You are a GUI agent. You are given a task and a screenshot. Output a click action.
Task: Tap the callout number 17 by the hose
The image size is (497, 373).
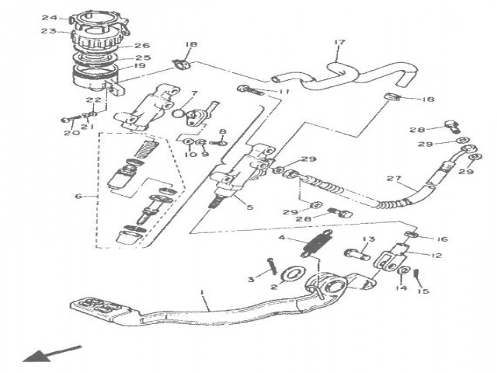coord(339,42)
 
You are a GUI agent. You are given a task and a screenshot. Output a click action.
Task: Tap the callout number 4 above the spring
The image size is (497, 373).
coord(283,239)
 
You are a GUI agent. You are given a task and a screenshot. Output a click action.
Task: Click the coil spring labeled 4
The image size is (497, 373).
coord(312,249)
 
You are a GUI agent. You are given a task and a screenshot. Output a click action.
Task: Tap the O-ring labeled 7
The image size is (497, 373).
coord(179,113)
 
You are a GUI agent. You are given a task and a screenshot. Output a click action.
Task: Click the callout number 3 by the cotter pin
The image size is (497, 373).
coord(251,278)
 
